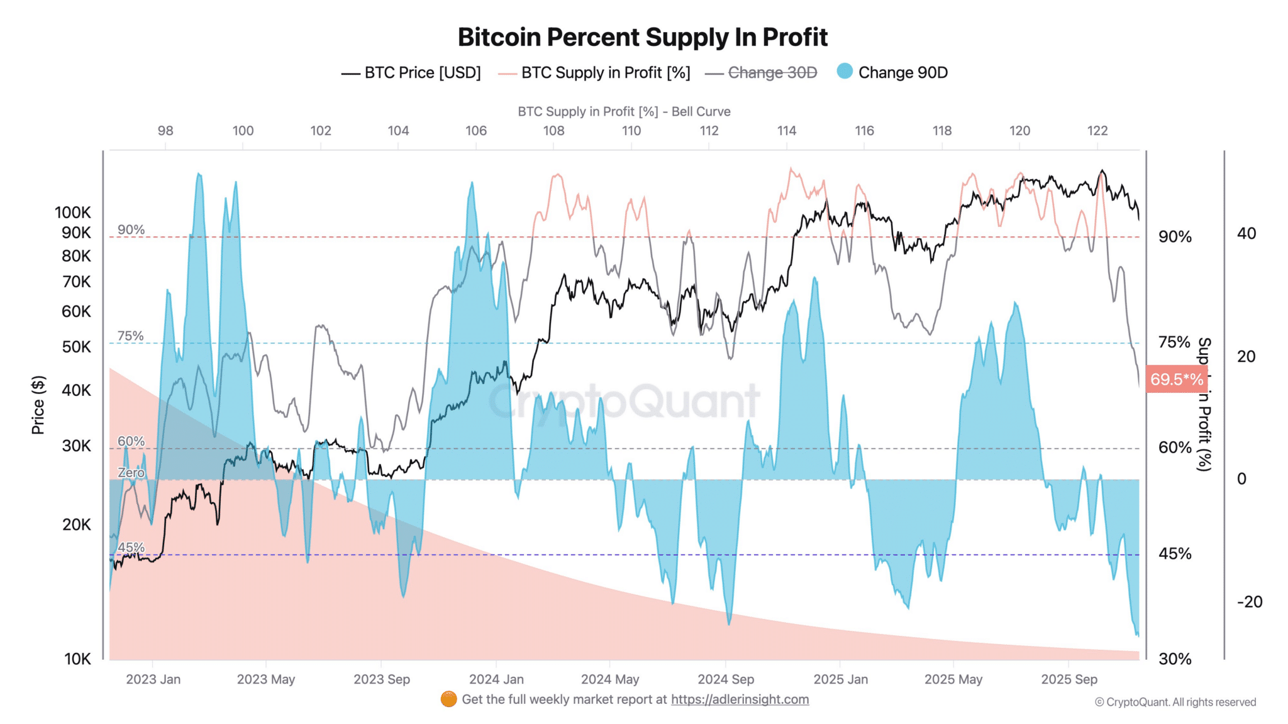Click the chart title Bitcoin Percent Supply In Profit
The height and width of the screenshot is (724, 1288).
click(642, 37)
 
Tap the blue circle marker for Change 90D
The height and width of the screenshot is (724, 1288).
click(845, 72)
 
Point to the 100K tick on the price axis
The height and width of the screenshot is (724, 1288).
click(73, 212)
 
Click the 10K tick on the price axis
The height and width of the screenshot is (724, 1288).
click(77, 659)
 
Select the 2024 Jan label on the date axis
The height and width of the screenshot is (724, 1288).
click(496, 679)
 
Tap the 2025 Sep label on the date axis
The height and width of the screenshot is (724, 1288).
click(1069, 679)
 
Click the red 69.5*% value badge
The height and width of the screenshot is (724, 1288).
click(1176, 379)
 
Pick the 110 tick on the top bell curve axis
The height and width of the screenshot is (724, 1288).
click(631, 131)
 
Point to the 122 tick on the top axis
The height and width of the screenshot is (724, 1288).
click(1097, 131)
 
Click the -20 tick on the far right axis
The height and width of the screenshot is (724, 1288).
click(1249, 601)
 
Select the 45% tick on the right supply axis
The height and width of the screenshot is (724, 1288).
click(1175, 554)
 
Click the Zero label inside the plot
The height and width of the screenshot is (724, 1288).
click(131, 473)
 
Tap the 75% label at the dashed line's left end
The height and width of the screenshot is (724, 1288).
click(130, 336)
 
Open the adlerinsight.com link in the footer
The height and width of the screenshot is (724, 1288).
click(740, 699)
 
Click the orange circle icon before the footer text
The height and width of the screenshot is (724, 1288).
click(448, 699)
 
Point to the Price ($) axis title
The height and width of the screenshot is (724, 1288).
click(38, 405)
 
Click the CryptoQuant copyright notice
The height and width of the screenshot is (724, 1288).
click(1175, 702)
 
